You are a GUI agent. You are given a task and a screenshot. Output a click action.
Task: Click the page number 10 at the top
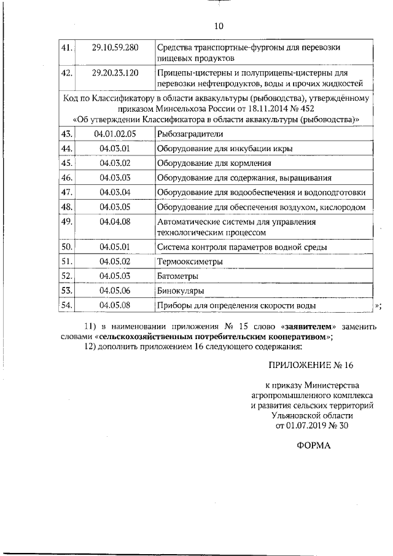point(219,26)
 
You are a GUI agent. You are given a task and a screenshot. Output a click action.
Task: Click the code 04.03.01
point(115,149)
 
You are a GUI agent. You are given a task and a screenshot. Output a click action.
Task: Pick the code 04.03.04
point(115,192)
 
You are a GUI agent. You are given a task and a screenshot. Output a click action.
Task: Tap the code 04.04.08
point(115,221)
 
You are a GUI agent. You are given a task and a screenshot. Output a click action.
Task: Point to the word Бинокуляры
point(181,291)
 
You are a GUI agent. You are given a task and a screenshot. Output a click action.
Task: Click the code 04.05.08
point(115,305)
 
